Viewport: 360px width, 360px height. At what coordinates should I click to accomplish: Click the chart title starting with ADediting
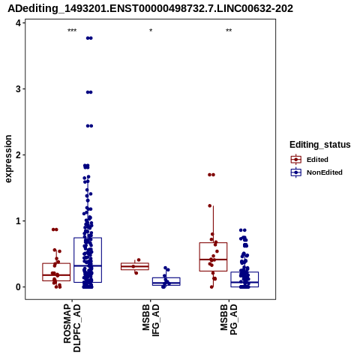pos(150,9)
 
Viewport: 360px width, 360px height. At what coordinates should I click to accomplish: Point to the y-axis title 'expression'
pos(8,159)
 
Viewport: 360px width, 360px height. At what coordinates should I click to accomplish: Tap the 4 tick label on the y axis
pos(18,23)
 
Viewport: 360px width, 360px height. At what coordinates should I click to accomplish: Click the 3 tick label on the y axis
pos(18,89)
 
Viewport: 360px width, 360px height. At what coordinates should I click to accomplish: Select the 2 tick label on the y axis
pos(18,155)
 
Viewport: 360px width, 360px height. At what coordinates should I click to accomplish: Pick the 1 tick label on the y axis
pos(18,221)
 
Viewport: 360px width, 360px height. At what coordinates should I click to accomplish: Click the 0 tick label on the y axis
pos(18,287)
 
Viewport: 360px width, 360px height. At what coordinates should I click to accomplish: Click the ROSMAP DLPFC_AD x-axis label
pos(72,328)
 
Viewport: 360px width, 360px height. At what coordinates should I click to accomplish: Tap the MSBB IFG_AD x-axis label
pos(151,320)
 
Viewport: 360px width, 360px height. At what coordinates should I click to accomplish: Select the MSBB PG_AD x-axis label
pos(229,319)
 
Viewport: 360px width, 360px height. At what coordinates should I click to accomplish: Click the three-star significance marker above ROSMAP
pos(72,31)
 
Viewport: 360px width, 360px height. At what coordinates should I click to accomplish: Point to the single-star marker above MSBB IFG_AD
pos(151,31)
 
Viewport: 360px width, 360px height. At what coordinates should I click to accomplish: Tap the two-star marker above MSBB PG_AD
pos(229,31)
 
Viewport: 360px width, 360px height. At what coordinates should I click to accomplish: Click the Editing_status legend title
pos(320,145)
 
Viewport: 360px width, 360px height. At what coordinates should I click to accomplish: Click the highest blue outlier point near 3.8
pos(89,38)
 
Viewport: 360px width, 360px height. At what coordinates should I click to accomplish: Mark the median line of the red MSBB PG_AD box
pos(213,259)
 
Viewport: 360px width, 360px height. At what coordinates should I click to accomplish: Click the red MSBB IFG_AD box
pos(135,266)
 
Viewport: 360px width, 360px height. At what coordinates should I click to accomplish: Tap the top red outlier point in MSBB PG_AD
pos(211,175)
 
